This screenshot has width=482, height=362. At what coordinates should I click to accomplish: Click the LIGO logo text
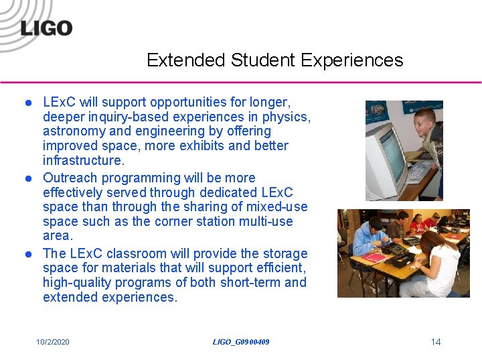(46, 27)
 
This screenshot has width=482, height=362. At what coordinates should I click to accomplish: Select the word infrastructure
(83, 161)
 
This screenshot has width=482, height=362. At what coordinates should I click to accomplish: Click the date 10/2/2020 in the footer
(53, 343)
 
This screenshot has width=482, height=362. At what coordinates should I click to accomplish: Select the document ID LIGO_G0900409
(241, 343)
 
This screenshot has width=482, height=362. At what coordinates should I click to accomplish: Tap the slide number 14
(435, 343)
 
